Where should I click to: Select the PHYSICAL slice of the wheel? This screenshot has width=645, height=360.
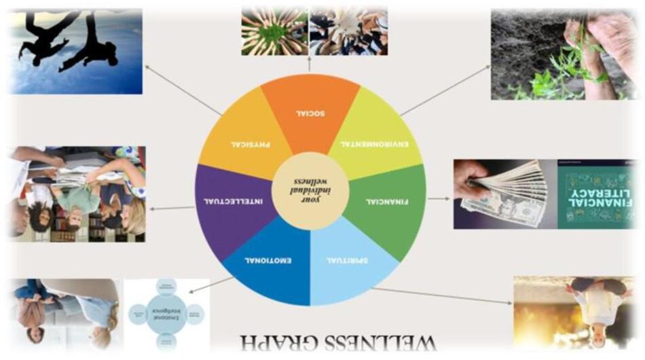(x=244, y=139)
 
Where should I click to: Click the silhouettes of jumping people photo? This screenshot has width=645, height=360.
(x=75, y=51)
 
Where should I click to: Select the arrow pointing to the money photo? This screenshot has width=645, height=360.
(x=439, y=198)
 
